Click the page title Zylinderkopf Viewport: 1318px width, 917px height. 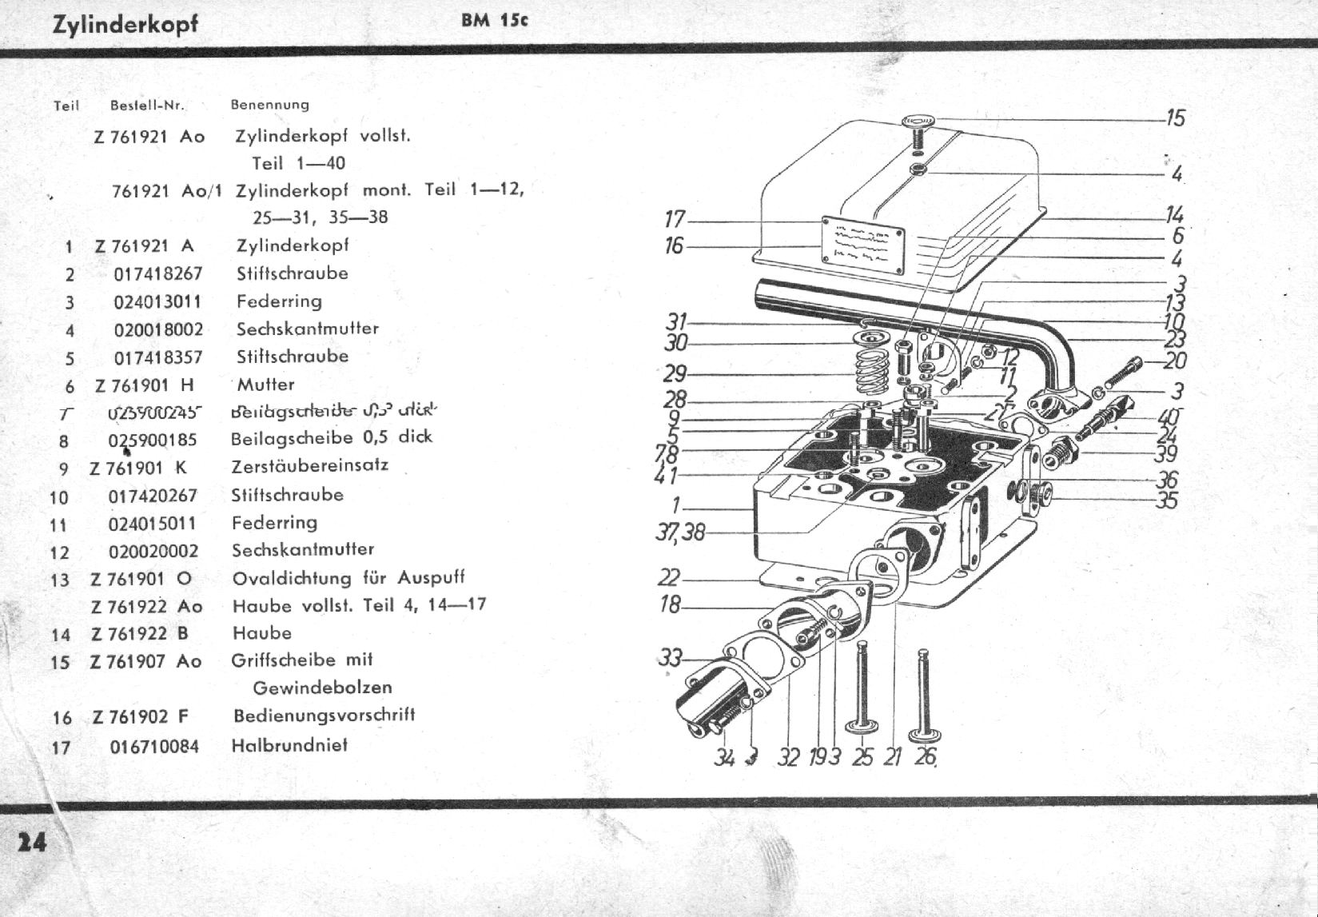pyautogui.click(x=125, y=25)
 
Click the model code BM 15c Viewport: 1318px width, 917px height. pyautogui.click(x=495, y=21)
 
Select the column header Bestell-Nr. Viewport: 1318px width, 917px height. pyautogui.click(x=147, y=105)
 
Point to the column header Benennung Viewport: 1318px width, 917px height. pyautogui.click(x=269, y=105)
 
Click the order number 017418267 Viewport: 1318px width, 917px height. pyautogui.click(x=158, y=274)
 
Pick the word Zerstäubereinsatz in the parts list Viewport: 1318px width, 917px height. pyautogui.click(x=310, y=465)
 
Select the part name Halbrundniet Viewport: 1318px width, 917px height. pyautogui.click(x=289, y=745)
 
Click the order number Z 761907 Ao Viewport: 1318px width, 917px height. pyautogui.click(x=146, y=661)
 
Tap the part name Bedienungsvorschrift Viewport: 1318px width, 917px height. pyautogui.click(x=324, y=716)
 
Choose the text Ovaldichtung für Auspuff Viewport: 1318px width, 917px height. pyautogui.click(x=348, y=578)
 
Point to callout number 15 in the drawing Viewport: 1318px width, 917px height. pyautogui.click(x=1175, y=118)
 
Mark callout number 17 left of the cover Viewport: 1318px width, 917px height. pyautogui.click(x=675, y=219)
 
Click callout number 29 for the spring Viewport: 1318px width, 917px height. pyautogui.click(x=675, y=373)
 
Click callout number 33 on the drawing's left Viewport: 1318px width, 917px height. pyautogui.click(x=670, y=658)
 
